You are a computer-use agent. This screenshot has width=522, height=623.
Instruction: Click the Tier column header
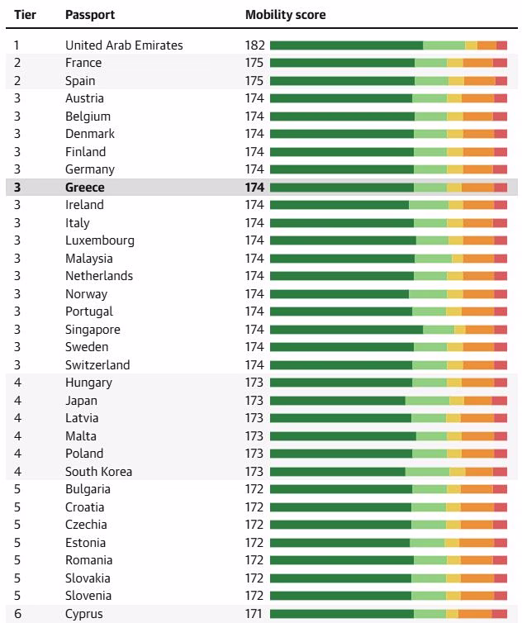pyautogui.click(x=25, y=15)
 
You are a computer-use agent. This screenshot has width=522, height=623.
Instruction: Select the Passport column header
pyautogui.click(x=90, y=15)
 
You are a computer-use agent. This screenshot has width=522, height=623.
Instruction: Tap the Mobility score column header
pyautogui.click(x=285, y=15)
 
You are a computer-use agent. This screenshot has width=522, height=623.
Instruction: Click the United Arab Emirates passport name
pyautogui.click(x=124, y=45)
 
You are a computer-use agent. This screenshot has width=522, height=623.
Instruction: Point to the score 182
pyautogui.click(x=254, y=45)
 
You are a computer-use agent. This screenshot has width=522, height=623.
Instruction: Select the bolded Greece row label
pyautogui.click(x=84, y=187)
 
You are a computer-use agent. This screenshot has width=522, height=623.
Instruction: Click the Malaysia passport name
pyautogui.click(x=89, y=259)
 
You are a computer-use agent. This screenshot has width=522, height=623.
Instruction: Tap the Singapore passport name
pyautogui.click(x=93, y=330)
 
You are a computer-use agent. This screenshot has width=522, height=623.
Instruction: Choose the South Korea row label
pyautogui.click(x=98, y=472)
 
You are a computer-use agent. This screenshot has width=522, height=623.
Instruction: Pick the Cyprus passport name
pyautogui.click(x=83, y=614)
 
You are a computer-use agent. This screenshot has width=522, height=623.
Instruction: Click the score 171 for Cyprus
pyautogui.click(x=254, y=614)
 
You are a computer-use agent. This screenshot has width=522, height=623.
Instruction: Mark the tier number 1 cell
pyautogui.click(x=17, y=45)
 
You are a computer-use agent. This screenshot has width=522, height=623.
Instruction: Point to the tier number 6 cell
pyautogui.click(x=17, y=614)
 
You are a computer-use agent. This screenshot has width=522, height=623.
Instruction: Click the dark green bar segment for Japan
pyautogui.click(x=338, y=401)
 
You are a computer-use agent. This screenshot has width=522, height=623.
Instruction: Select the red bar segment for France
pyautogui.click(x=500, y=63)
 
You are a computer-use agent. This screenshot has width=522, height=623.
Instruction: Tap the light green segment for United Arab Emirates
pyautogui.click(x=444, y=45)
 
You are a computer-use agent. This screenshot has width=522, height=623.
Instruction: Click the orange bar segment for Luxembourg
pyautogui.click(x=479, y=240)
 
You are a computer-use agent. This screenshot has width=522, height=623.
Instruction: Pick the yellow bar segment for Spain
pyautogui.click(x=456, y=81)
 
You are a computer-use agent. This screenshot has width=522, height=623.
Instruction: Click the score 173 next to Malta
pyautogui.click(x=254, y=436)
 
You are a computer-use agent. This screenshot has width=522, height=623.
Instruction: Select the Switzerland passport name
pyautogui.click(x=97, y=365)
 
